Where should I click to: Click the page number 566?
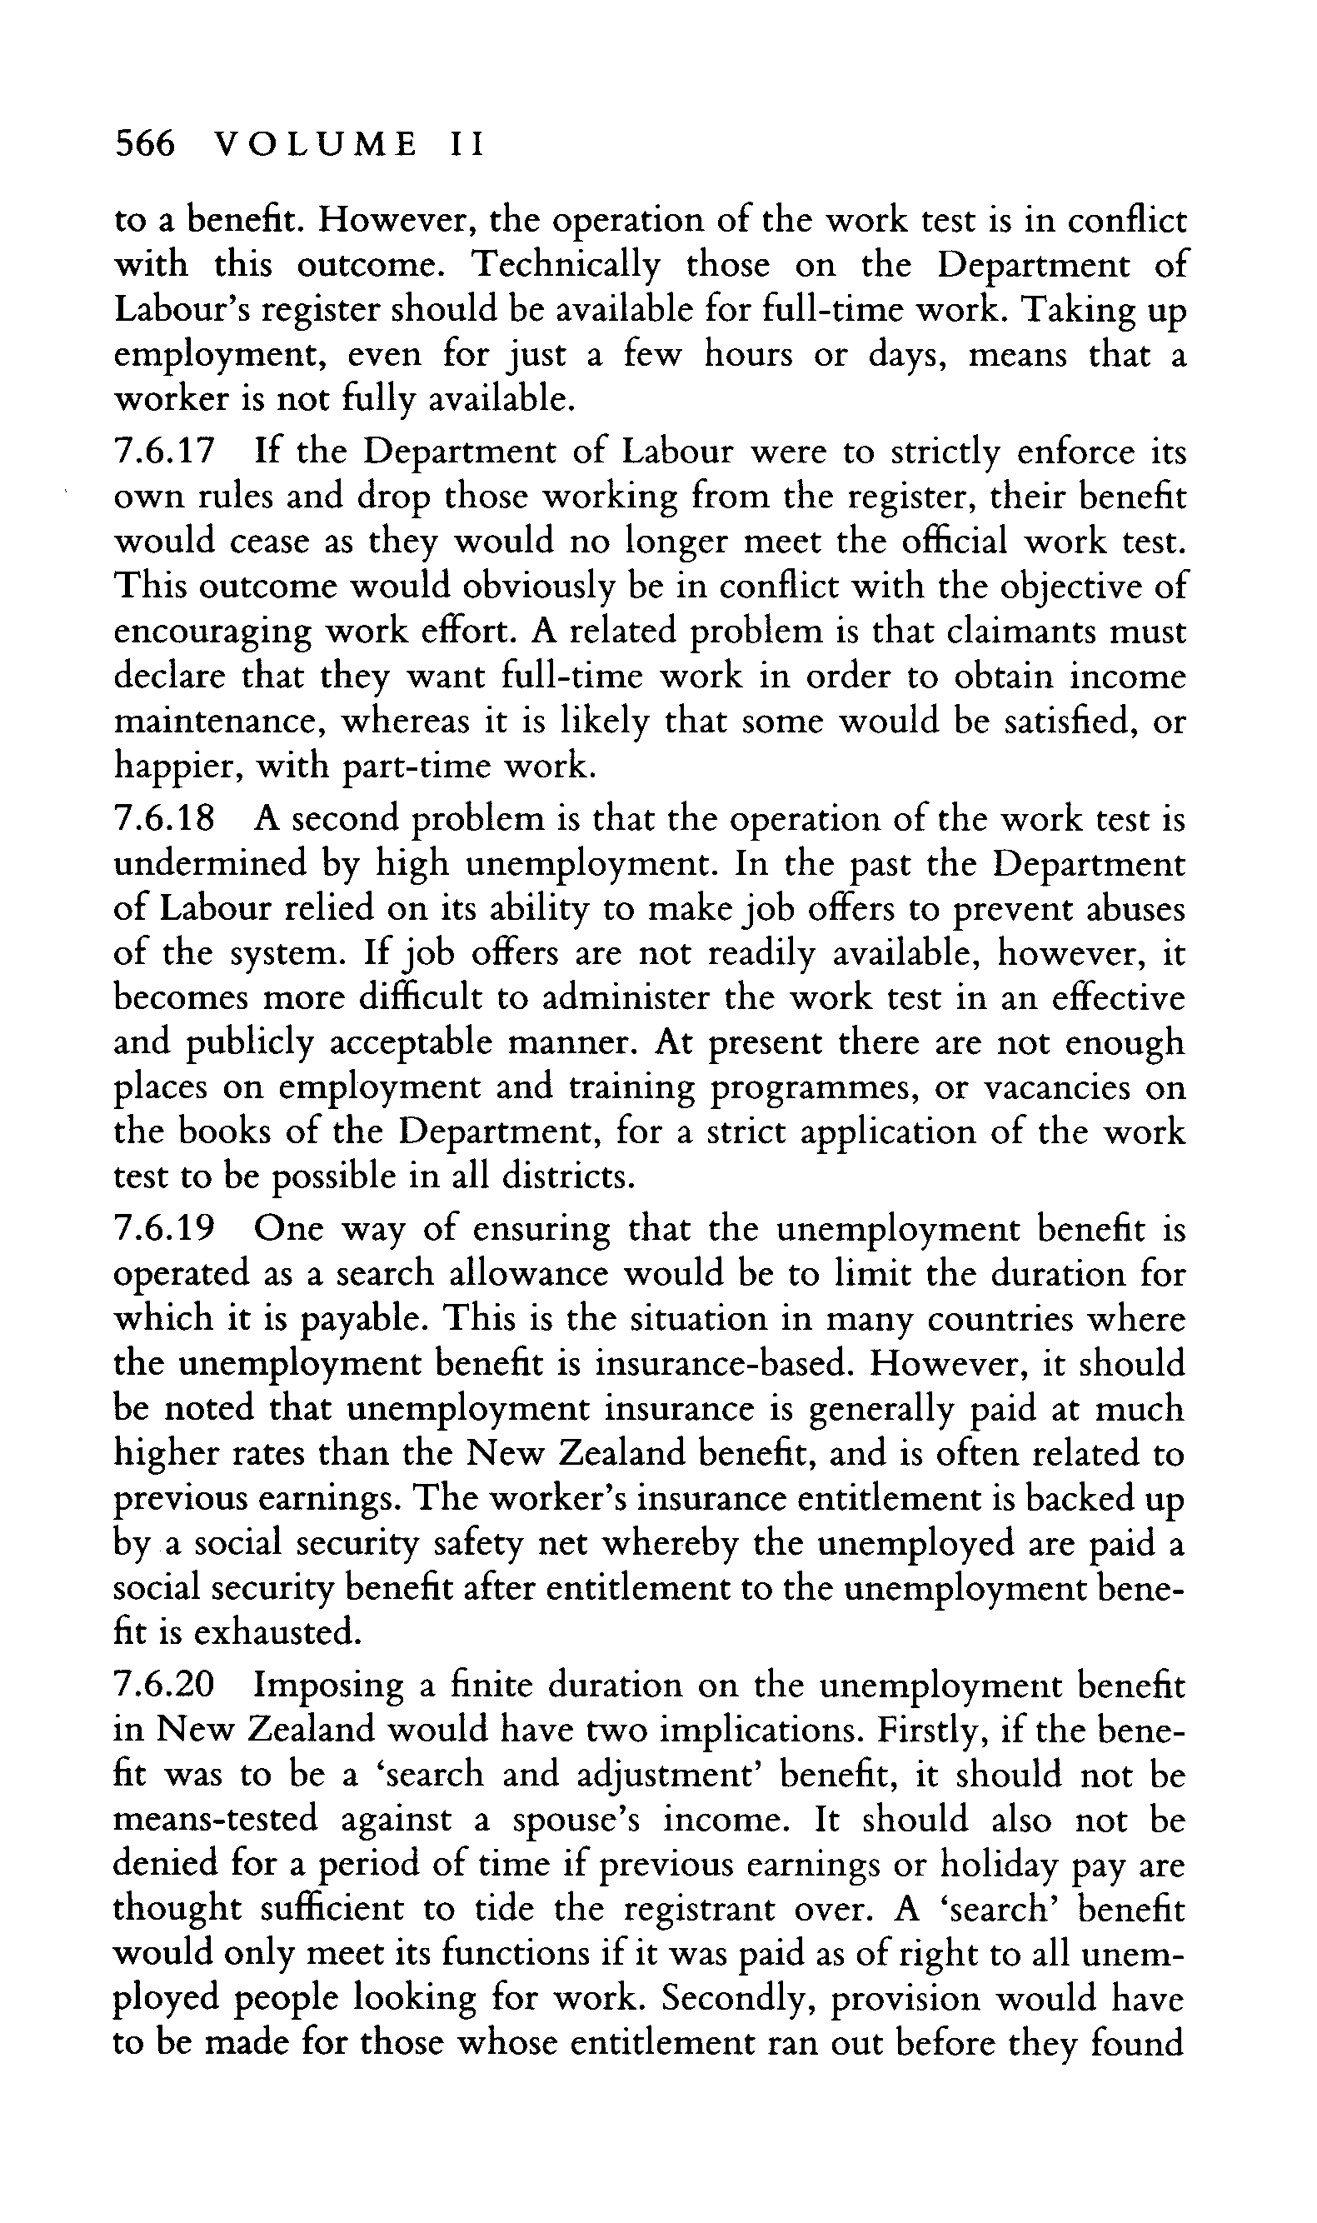tap(145, 144)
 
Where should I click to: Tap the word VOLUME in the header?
tap(316, 144)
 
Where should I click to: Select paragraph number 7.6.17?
tap(165, 452)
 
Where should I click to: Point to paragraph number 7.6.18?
tap(165, 819)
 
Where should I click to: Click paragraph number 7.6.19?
tap(165, 1230)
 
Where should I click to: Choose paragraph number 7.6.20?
tap(165, 1686)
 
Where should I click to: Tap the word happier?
tap(175, 767)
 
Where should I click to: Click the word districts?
tap(568, 1177)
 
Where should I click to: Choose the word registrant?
tap(852, 1910)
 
